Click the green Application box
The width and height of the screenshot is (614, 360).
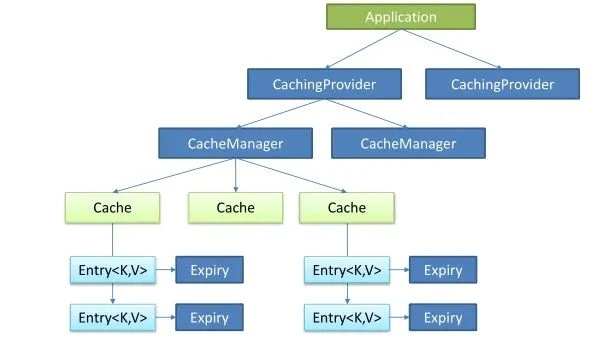pyautogui.click(x=400, y=17)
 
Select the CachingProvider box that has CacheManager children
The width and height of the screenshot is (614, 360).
pyautogui.click(x=324, y=84)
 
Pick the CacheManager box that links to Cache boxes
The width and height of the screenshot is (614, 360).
pyautogui.click(x=235, y=143)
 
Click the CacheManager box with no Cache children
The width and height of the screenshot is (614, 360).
pyautogui.click(x=407, y=143)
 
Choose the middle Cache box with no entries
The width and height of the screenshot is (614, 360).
pyautogui.click(x=235, y=208)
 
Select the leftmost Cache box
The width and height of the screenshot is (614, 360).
pyautogui.click(x=112, y=208)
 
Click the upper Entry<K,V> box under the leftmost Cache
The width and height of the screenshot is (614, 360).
pyautogui.click(x=111, y=269)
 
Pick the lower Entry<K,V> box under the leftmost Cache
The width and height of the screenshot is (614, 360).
pyautogui.click(x=111, y=317)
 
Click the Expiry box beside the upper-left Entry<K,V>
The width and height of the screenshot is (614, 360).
pyautogui.click(x=209, y=269)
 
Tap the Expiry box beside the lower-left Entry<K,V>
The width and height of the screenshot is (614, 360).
pyautogui.click(x=209, y=317)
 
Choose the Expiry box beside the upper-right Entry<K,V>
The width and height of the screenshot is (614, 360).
pyautogui.click(x=442, y=269)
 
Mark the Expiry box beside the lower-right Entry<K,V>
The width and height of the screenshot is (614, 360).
pyautogui.click(x=442, y=317)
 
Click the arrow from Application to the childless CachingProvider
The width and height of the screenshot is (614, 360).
pyautogui.click(x=450, y=49)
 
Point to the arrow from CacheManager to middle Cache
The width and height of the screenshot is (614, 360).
pyautogui.click(x=235, y=175)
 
